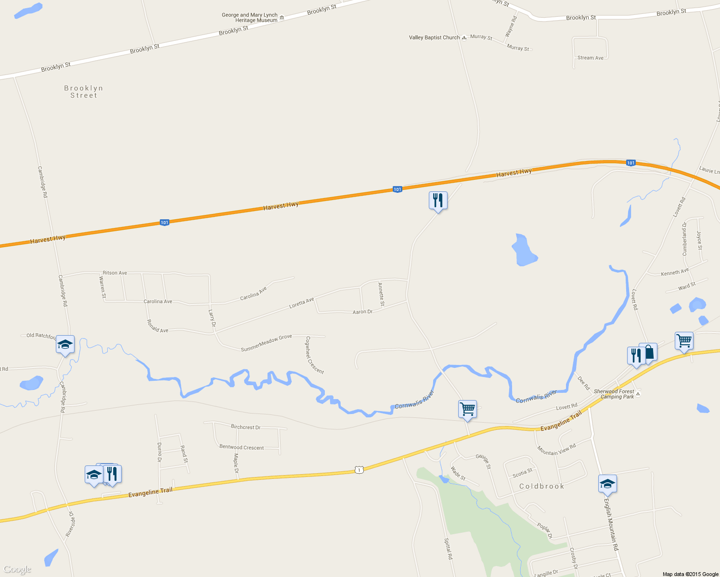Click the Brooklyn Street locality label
click(x=84, y=92)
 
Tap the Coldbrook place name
click(x=541, y=486)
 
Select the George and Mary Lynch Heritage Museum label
click(x=250, y=18)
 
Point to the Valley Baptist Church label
click(x=435, y=38)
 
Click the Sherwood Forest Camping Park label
click(x=614, y=394)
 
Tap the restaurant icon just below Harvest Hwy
click(x=438, y=201)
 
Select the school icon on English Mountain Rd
click(x=607, y=484)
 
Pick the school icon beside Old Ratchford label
click(x=65, y=344)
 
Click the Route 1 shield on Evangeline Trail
click(x=359, y=470)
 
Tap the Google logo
click(x=17, y=570)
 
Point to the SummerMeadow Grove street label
click(x=266, y=343)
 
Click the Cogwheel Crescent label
click(x=314, y=355)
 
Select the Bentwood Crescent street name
click(x=242, y=447)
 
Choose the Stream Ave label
click(x=590, y=58)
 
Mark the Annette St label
click(x=381, y=294)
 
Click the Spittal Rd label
click(x=448, y=549)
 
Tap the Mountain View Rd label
click(x=556, y=450)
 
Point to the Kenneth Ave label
click(x=675, y=273)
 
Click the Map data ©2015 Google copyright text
click(x=690, y=574)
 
